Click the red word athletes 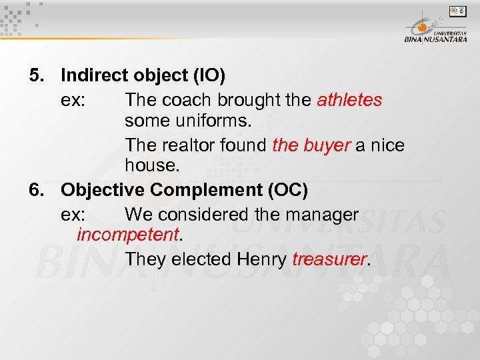[349, 101]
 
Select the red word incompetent [128, 235]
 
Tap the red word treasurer [329, 259]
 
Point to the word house [149, 167]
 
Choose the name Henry [262, 259]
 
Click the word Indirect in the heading [92, 76]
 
